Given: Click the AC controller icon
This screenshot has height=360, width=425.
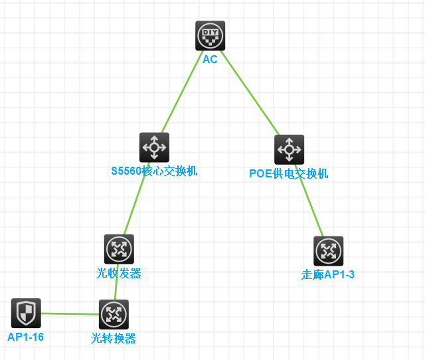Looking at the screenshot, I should tap(210, 36).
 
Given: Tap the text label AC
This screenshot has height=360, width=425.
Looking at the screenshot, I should tap(210, 59).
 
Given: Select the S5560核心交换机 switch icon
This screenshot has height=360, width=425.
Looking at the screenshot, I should tap(154, 147).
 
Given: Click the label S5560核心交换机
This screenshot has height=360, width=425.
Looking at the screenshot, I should tap(154, 171).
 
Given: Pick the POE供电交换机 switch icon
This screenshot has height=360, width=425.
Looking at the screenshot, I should tap(289, 149).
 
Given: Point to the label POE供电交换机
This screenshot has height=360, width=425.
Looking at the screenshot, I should tap(288, 174).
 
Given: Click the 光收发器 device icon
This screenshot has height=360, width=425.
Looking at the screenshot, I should tap(119, 249).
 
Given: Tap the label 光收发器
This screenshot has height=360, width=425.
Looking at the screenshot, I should tap(118, 273).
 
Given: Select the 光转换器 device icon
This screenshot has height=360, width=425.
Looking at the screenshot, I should tap(114, 314).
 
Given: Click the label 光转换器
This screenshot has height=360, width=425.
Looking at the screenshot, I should tap(113, 338).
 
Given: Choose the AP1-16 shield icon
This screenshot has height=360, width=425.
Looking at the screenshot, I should tap(26, 313).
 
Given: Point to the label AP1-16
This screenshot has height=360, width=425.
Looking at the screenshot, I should tap(25, 337).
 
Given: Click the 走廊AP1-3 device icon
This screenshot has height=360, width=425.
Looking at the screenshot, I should tap(328, 251).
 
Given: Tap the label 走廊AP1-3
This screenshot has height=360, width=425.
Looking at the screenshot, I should tap(328, 274).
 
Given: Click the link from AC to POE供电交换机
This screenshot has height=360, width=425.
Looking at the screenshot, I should tap(250, 93).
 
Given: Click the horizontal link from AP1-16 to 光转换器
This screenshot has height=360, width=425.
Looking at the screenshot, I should tap(70, 314).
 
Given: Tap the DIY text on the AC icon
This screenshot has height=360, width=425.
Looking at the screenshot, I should tap(210, 31).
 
